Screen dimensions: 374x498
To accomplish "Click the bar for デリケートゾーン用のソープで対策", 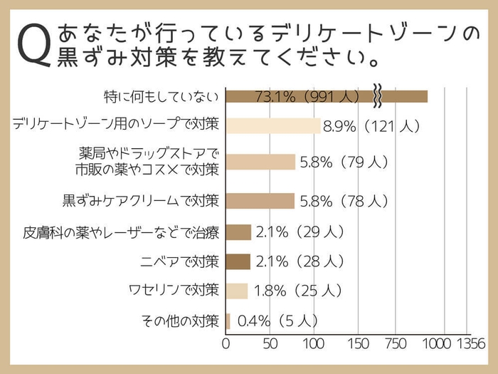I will coord(273,126).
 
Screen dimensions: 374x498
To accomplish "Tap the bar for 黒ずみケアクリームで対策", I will coord(260,201).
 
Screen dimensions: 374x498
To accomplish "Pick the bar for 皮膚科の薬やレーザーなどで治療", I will coord(238,232).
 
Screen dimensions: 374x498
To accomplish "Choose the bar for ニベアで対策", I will coord(238,261).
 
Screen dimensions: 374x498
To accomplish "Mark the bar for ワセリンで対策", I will coord(237,291).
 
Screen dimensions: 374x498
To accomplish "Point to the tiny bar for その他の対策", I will coord(228,321).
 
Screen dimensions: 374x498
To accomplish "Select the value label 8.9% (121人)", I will coord(372,127).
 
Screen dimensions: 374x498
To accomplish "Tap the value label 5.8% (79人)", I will coord(344,162).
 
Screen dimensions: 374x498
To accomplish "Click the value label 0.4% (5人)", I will coord(277,321).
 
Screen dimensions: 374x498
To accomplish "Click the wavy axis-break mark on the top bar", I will coord(378,96).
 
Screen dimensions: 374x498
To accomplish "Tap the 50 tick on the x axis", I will coord(270,343).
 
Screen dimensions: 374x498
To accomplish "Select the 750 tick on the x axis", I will coord(396,343).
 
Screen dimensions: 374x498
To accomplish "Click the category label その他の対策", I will coord(181,321).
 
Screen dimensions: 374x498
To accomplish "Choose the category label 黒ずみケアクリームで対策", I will coord(140,201).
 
